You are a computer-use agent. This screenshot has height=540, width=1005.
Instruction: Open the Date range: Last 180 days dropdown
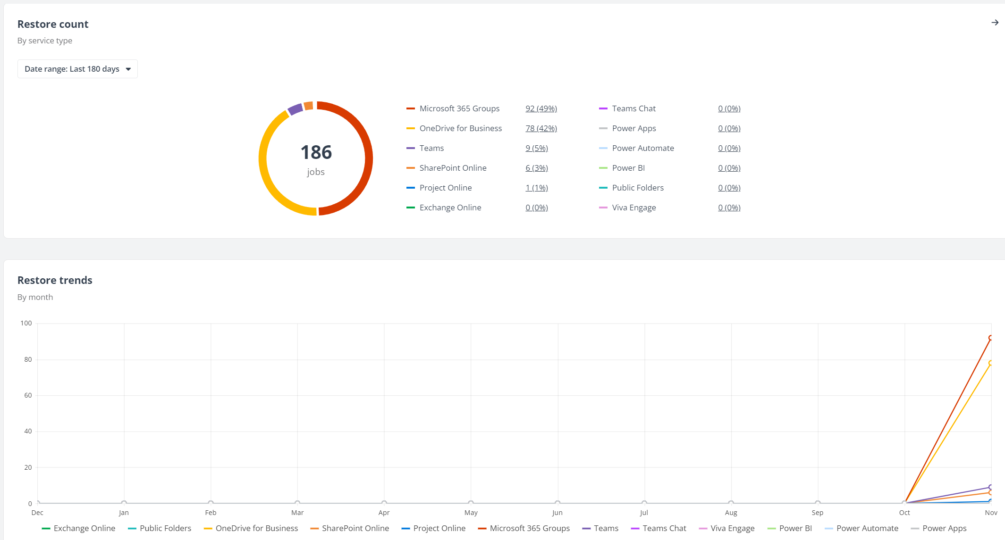(x=77, y=69)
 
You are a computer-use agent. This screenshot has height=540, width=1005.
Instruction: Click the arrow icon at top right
(x=995, y=23)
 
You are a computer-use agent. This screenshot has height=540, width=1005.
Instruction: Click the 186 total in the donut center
(x=316, y=152)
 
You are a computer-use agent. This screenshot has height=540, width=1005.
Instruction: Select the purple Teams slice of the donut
(x=295, y=109)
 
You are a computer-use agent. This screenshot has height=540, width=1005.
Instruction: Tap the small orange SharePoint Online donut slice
(x=308, y=106)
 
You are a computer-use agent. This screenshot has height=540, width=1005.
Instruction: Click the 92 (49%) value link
(x=541, y=108)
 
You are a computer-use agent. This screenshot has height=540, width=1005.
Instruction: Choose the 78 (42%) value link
(x=541, y=128)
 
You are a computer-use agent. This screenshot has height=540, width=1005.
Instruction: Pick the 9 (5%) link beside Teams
(x=537, y=148)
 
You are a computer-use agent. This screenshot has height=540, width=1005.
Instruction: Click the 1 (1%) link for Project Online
(x=537, y=188)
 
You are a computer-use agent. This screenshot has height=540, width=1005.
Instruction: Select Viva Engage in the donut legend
(x=633, y=208)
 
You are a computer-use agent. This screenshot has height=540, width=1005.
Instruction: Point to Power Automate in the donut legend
(x=642, y=148)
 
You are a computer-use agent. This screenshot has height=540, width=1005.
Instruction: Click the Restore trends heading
(x=55, y=280)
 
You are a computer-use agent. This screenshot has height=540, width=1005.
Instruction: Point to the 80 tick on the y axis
(x=28, y=359)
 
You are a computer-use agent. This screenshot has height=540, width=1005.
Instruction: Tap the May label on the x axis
(x=471, y=513)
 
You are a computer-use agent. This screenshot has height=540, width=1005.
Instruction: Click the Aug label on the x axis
(x=731, y=513)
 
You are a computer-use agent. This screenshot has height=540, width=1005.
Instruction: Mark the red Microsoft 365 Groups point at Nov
(x=991, y=338)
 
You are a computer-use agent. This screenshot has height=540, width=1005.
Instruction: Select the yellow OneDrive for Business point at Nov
(x=991, y=363)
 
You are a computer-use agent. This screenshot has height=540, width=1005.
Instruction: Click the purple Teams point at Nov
(x=991, y=487)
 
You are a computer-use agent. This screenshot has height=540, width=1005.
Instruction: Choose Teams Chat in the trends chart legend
(x=664, y=528)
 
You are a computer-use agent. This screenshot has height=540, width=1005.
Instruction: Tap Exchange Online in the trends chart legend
(x=84, y=528)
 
